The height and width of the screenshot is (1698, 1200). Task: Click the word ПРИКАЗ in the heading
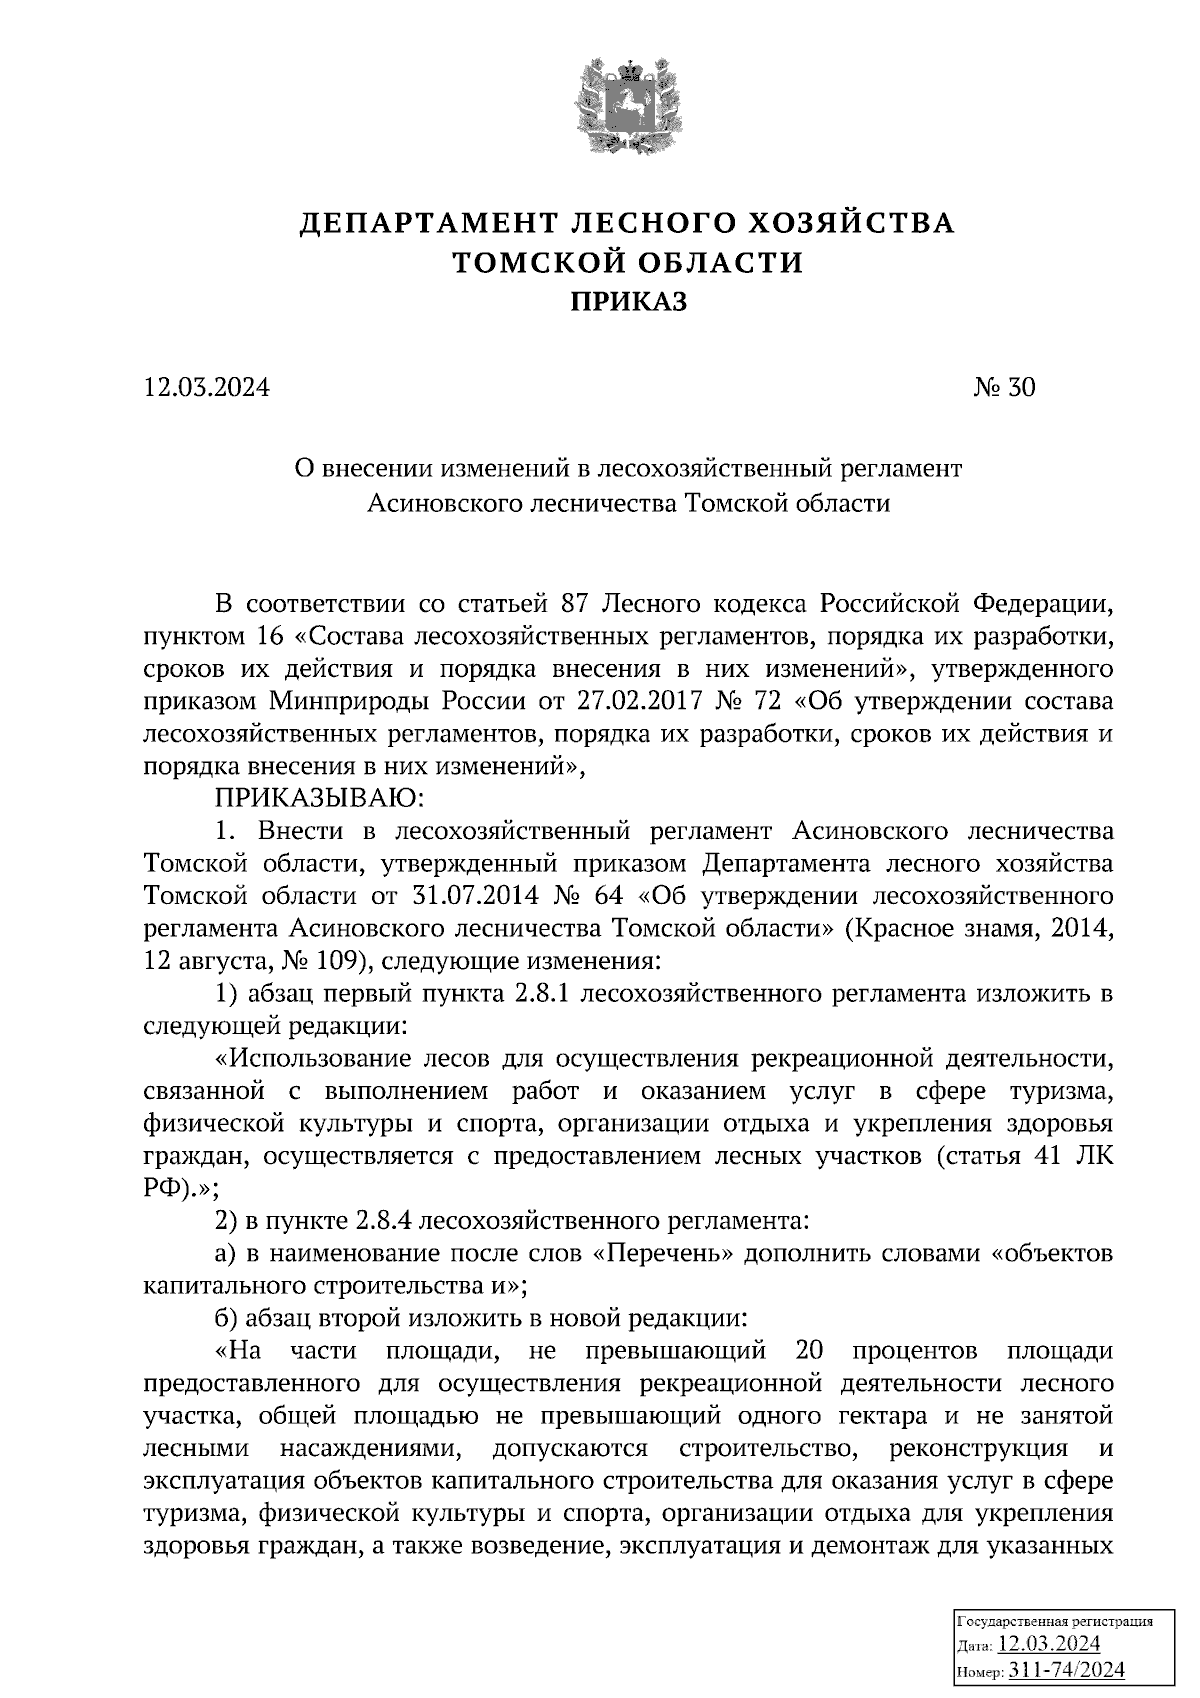(x=628, y=301)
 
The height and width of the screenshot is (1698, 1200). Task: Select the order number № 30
(x=1004, y=387)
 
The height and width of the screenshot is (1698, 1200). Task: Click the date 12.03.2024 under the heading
(x=206, y=387)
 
